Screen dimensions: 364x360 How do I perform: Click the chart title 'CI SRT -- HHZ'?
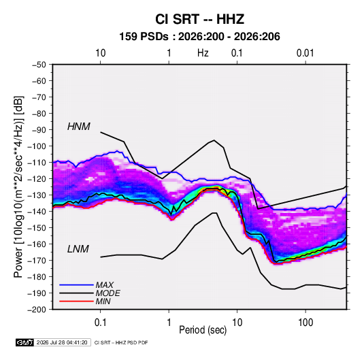tap(199, 19)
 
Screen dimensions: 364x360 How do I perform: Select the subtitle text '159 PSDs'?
tap(144, 37)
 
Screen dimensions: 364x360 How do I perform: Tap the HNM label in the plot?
tap(79, 127)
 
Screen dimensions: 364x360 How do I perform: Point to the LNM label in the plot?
tap(78, 249)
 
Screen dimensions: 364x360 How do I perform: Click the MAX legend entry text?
tap(105, 285)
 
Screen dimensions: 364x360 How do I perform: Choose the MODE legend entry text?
tap(108, 293)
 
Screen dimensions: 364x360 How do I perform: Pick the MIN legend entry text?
tap(103, 301)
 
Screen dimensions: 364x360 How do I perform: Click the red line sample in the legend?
tap(76, 301)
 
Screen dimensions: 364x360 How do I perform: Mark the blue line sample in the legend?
tap(76, 284)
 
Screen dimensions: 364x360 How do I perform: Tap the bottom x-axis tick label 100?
tap(305, 322)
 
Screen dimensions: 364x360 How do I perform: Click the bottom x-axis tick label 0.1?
tap(100, 322)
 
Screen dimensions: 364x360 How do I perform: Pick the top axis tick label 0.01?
tap(305, 53)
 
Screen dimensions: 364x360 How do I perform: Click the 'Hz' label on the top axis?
tap(203, 53)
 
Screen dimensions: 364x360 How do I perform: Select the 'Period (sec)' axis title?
tap(203, 330)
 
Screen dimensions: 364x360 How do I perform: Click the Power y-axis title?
tap(18, 186)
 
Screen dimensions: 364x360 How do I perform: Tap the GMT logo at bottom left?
tap(25, 342)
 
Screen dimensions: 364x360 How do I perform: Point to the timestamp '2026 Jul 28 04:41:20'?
tap(62, 342)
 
